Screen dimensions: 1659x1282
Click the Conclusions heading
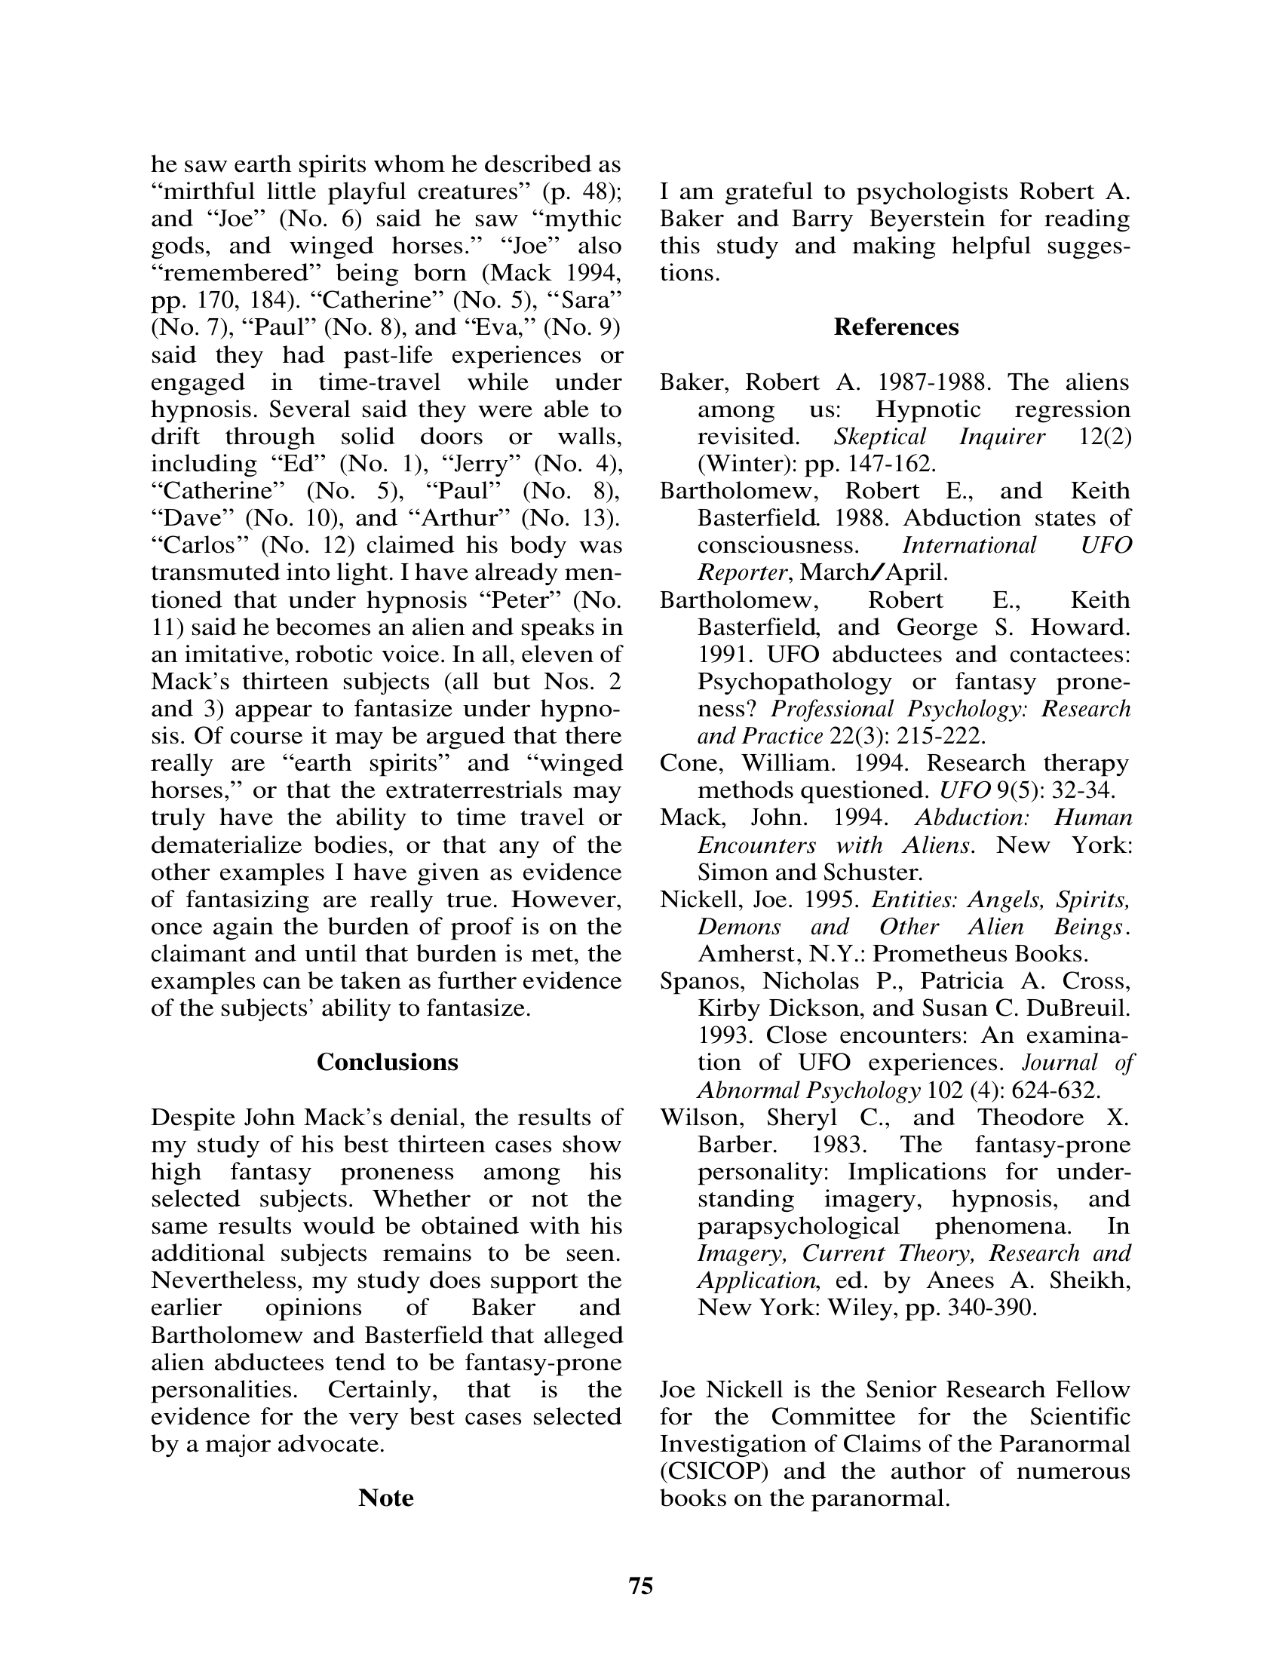click(388, 1062)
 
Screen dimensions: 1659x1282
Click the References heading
click(895, 327)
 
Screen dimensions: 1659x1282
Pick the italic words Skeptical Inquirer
click(940, 437)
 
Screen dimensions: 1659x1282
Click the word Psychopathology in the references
click(793, 682)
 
